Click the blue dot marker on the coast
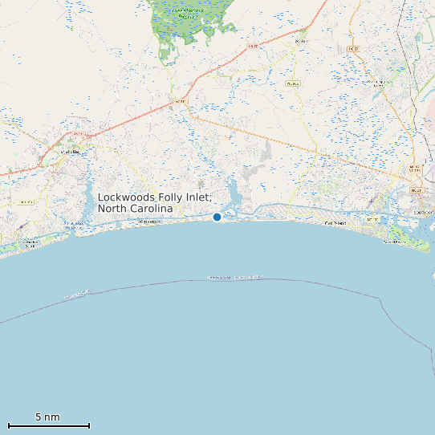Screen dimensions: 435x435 (x=217, y=217)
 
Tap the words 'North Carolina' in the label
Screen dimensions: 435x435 (x=135, y=209)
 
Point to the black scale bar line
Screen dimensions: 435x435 (x=48, y=425)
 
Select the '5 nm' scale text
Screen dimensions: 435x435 (x=47, y=417)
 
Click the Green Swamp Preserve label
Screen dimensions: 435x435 (x=188, y=13)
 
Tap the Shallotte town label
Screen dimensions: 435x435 (x=71, y=151)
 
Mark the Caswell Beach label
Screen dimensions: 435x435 (x=394, y=241)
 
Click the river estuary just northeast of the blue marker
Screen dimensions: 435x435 (x=234, y=193)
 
